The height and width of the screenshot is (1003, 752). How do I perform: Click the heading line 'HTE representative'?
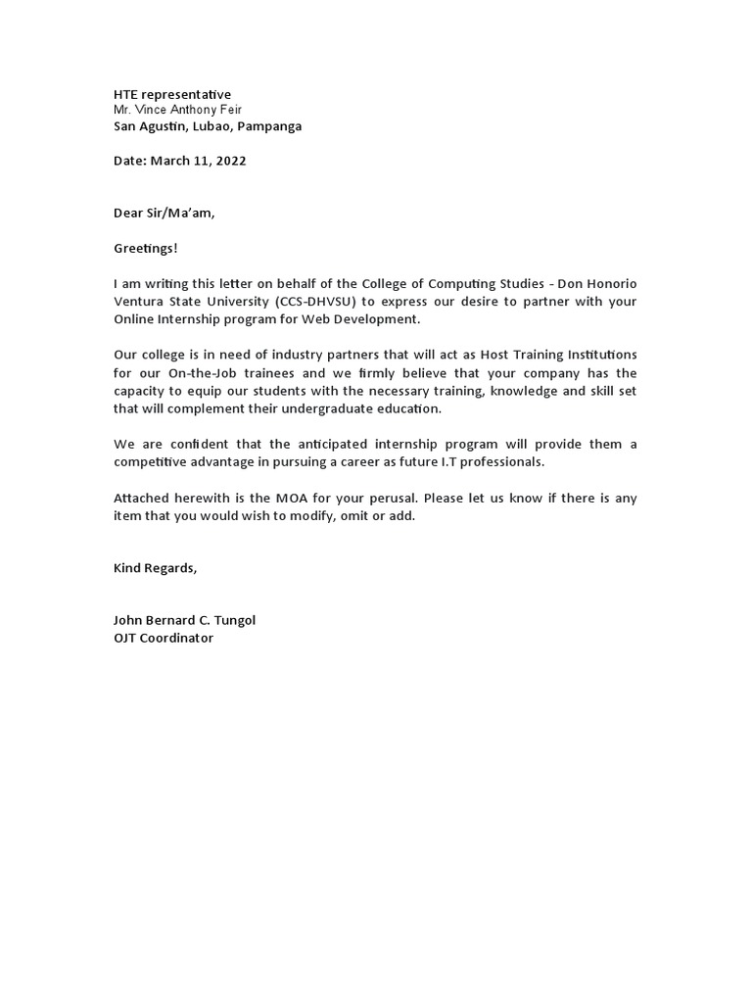[x=172, y=94]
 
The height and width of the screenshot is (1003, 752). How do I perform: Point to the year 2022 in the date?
[x=231, y=161]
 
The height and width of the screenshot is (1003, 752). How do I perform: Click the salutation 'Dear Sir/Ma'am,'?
[x=164, y=214]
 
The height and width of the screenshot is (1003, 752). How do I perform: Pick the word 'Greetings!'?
[x=146, y=249]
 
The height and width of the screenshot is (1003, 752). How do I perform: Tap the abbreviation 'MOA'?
[x=303, y=498]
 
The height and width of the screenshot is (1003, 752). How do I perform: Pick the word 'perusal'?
[x=396, y=498]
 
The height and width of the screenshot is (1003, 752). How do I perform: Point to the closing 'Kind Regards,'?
[x=155, y=568]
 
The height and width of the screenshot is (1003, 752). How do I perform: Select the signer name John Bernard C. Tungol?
[x=184, y=621]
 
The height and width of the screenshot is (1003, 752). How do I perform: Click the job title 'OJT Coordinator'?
[x=164, y=639]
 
